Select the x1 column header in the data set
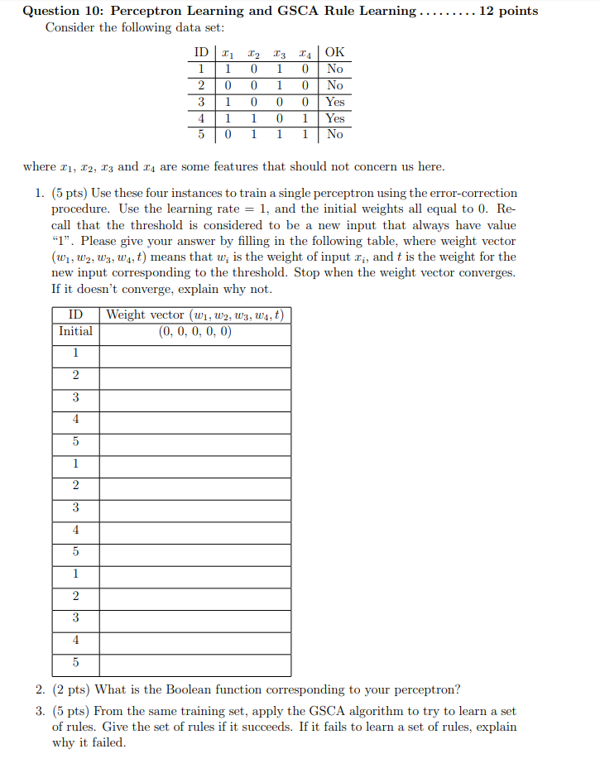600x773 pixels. pos(229,53)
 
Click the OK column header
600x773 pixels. pos(334,53)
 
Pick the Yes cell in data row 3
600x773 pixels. pos(334,102)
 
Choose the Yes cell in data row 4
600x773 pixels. pos(334,118)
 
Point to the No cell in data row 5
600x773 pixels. pos(334,134)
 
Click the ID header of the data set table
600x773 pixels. pos(201,53)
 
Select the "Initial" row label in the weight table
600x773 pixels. pos(75,331)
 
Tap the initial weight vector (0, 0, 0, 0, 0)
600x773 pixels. pos(194,331)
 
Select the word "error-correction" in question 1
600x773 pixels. pos(473,193)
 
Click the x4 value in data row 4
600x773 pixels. pos(305,118)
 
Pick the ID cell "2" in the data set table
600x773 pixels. pos(201,85)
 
